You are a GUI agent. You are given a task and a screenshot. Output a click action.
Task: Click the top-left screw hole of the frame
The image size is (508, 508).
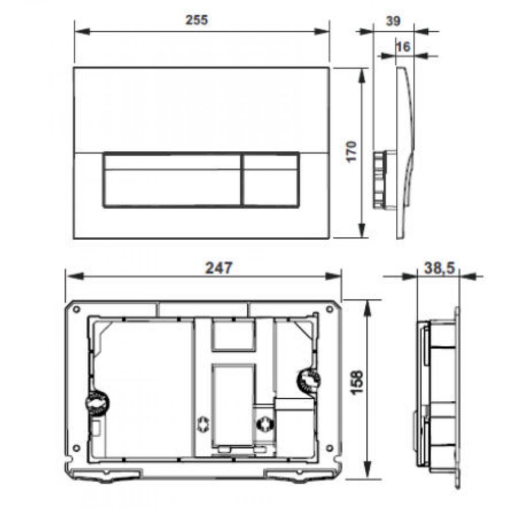[76, 309]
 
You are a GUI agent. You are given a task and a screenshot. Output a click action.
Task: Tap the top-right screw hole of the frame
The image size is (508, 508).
[327, 309]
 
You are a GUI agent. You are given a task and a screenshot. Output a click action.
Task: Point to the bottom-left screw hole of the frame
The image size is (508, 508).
[76, 448]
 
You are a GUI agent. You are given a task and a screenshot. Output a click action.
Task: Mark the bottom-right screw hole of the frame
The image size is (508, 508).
[328, 448]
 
